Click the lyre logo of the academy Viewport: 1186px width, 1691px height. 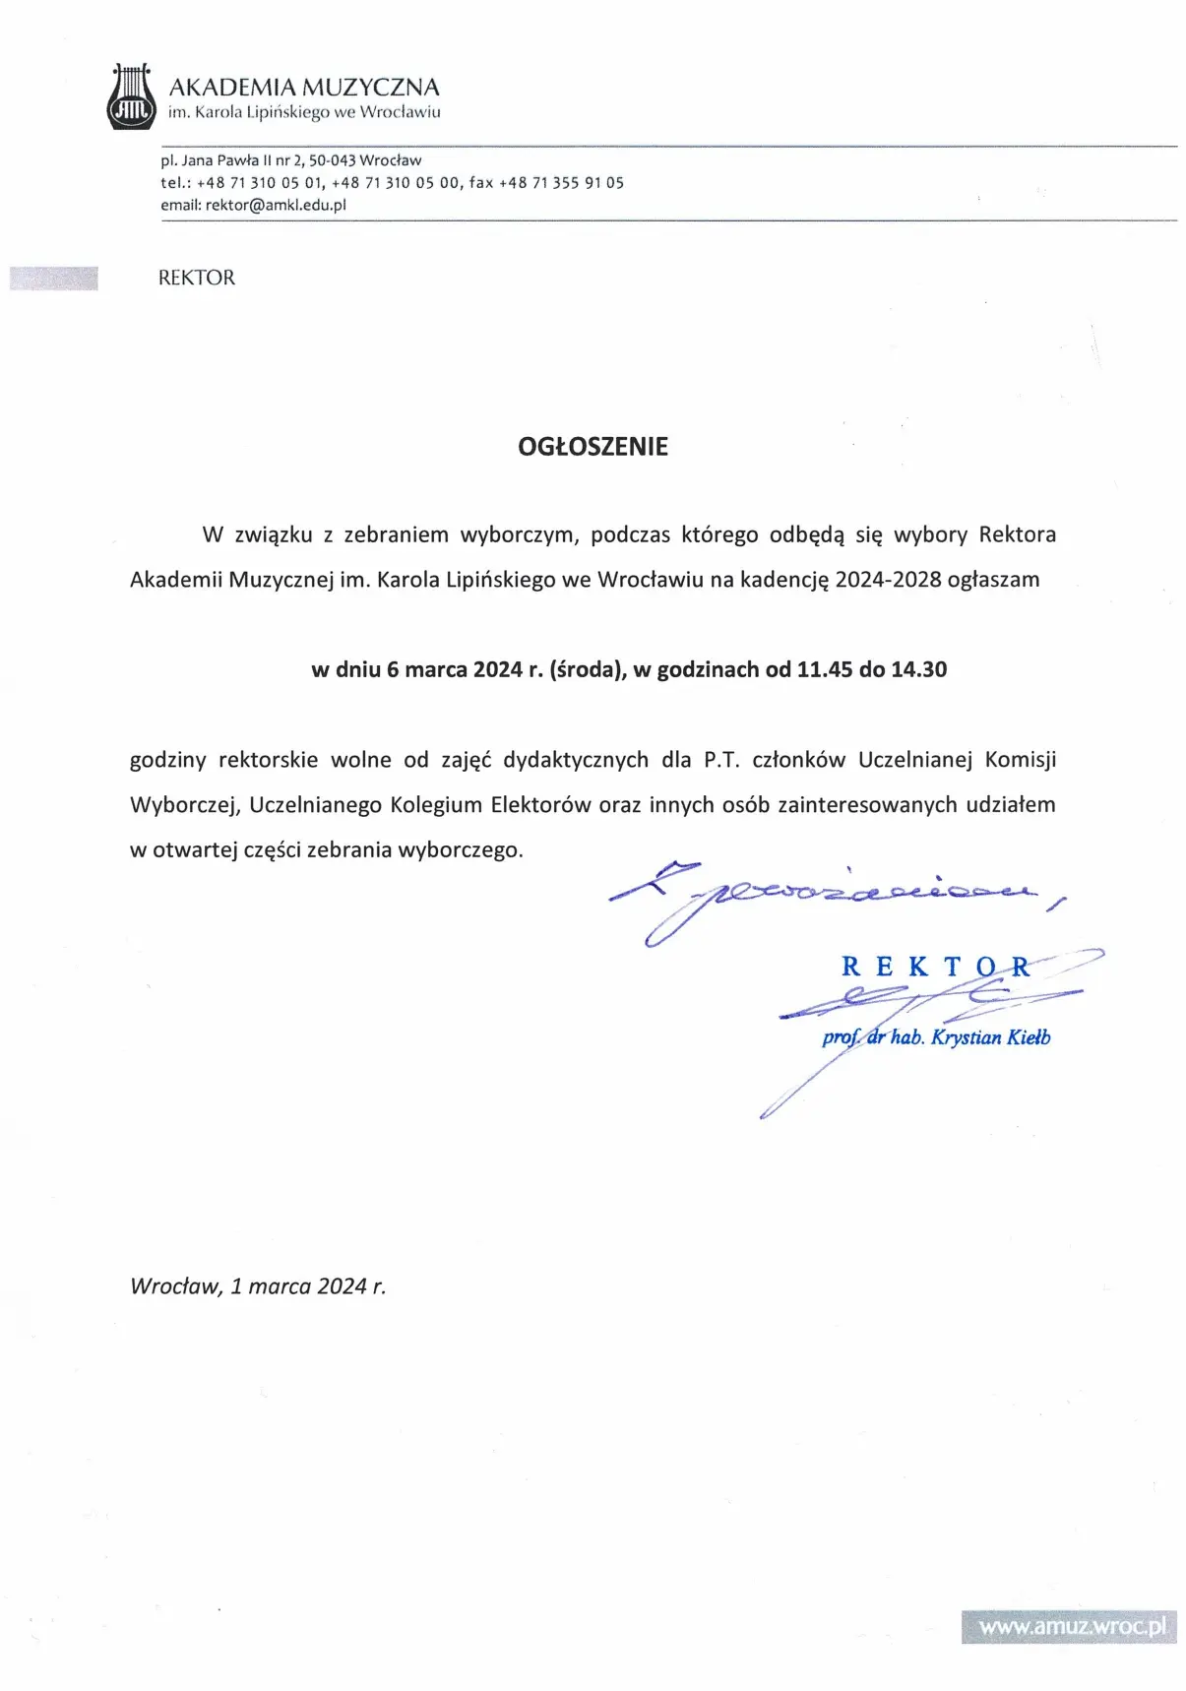click(132, 97)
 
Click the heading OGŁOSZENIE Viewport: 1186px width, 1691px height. click(593, 447)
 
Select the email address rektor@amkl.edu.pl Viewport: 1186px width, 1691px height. click(276, 206)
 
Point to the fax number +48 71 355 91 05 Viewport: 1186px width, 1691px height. click(561, 183)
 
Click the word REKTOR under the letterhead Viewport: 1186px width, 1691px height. click(197, 279)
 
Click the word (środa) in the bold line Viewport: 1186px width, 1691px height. click(588, 670)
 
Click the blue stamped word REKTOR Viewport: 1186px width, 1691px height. click(935, 967)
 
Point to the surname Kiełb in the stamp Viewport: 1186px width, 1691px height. click(1029, 1037)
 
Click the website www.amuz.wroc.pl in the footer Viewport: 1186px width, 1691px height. click(1071, 1626)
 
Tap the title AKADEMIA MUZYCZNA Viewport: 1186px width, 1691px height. click(303, 88)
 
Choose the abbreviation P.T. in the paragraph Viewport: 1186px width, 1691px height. click(721, 760)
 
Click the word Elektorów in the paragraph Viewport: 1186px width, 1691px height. click(540, 805)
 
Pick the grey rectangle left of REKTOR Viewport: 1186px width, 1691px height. click(54, 279)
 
